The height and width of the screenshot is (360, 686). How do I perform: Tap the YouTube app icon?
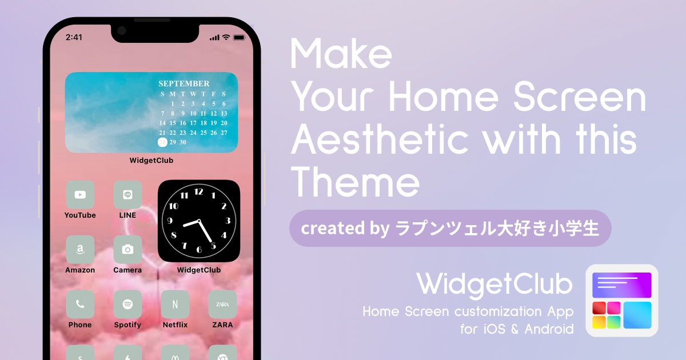(x=80, y=195)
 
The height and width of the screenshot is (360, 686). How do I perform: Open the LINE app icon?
(x=127, y=195)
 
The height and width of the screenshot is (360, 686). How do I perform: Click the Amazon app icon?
(x=80, y=250)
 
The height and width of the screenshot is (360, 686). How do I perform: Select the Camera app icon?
(x=127, y=250)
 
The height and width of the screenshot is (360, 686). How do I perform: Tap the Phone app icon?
(x=80, y=304)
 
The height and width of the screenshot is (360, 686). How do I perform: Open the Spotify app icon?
(x=127, y=304)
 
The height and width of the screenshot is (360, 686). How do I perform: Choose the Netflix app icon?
(x=175, y=304)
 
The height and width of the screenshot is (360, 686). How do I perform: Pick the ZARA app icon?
(x=222, y=304)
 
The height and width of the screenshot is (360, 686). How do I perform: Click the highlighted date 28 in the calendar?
(x=162, y=142)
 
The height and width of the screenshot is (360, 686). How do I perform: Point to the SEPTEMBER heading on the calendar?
(x=184, y=83)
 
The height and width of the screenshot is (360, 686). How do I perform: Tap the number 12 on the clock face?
(x=198, y=192)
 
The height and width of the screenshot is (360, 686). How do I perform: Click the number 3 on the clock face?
(x=228, y=221)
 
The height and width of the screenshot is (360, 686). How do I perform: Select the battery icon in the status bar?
(x=239, y=38)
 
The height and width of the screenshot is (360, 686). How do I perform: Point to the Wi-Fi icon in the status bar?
(x=226, y=37)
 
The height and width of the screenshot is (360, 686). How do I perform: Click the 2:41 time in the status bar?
(x=74, y=37)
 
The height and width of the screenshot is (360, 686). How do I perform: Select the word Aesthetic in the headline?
(x=380, y=139)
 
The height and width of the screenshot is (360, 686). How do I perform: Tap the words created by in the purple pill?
(x=345, y=229)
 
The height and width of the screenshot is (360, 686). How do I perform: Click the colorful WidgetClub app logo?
(x=622, y=301)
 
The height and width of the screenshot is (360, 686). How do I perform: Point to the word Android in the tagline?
(x=549, y=329)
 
